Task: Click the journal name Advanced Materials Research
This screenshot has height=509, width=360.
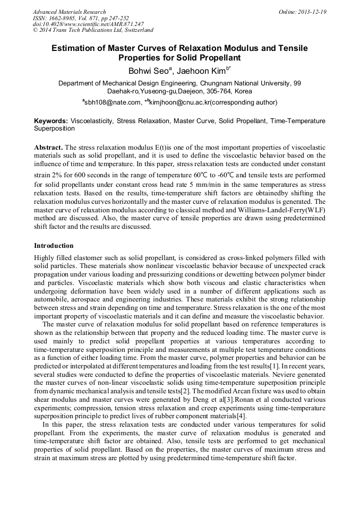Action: (x=69, y=12)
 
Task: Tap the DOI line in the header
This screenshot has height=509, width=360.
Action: (x=88, y=24)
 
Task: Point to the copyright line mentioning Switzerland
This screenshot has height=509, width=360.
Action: (x=93, y=30)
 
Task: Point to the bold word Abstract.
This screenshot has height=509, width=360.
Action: (x=49, y=146)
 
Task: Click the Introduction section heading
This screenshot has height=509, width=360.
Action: (x=54, y=246)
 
